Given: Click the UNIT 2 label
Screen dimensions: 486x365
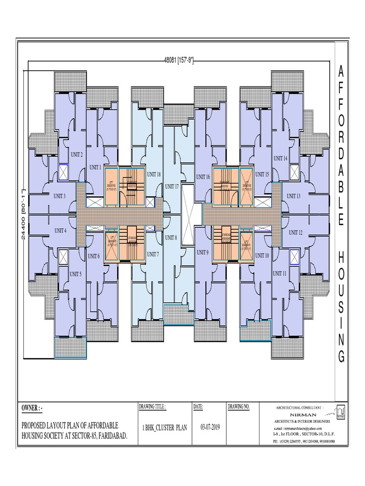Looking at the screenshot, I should (x=77, y=154).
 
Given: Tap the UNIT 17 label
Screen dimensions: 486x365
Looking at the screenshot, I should (x=172, y=186).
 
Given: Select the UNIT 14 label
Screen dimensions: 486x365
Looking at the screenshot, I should (x=280, y=158).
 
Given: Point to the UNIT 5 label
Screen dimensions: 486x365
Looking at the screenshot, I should (x=75, y=274).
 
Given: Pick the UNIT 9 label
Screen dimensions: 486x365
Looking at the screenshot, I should (x=202, y=252).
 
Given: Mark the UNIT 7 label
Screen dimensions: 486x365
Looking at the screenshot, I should (x=153, y=254).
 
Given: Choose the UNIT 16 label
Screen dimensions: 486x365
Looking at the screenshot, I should (x=203, y=177).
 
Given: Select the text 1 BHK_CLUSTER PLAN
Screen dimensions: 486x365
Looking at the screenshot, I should (x=165, y=428).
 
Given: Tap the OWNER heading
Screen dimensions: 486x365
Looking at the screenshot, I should (x=35, y=409).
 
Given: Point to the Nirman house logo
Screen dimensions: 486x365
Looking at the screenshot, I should (x=340, y=411).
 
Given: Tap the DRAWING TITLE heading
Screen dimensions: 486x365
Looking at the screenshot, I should (x=152, y=407).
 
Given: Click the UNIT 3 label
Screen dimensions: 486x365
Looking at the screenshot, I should (x=59, y=196).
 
